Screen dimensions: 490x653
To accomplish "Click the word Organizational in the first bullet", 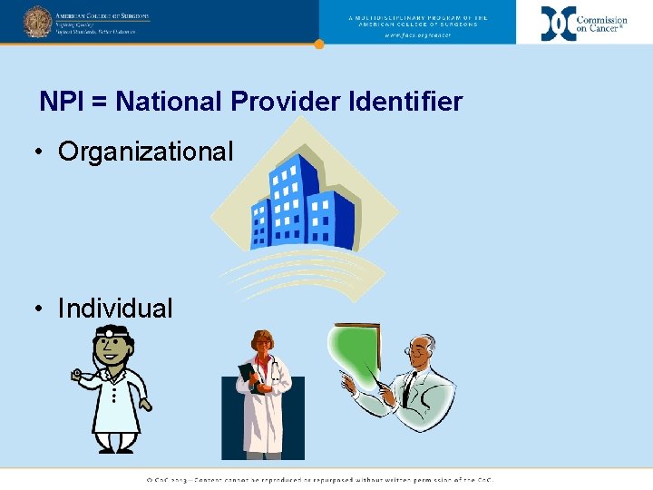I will [145, 152].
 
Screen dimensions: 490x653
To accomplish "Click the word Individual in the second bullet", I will [115, 309].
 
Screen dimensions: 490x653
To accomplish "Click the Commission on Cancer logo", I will [584, 23].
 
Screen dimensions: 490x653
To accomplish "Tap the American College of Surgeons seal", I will [37, 22].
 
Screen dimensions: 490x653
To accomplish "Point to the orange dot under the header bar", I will [318, 44].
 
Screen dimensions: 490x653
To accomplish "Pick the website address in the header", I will [417, 34].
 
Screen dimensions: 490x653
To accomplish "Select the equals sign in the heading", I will [99, 102].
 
